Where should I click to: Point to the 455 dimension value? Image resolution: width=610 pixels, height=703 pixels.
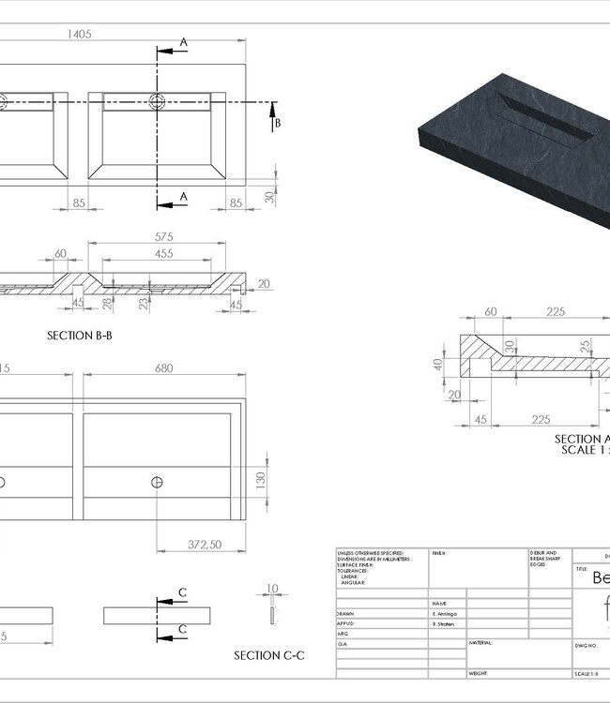164,253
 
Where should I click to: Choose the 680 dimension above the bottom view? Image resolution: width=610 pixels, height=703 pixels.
163,368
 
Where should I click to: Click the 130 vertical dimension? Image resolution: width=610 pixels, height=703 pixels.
261,479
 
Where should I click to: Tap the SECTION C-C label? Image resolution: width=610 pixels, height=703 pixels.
268,655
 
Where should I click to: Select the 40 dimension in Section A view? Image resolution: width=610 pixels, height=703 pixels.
437,364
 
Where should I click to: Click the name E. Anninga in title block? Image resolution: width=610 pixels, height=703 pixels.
447,613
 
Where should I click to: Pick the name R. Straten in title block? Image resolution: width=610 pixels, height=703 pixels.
446,623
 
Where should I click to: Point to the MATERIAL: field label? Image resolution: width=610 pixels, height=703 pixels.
481,644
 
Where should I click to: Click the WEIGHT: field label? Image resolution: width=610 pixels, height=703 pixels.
480,674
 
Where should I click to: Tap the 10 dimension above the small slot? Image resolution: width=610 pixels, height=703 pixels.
272,590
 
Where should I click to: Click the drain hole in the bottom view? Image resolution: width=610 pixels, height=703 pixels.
156,482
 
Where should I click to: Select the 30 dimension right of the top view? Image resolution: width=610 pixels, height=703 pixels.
270,197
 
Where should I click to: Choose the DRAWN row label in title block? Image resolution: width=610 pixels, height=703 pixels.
345,613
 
